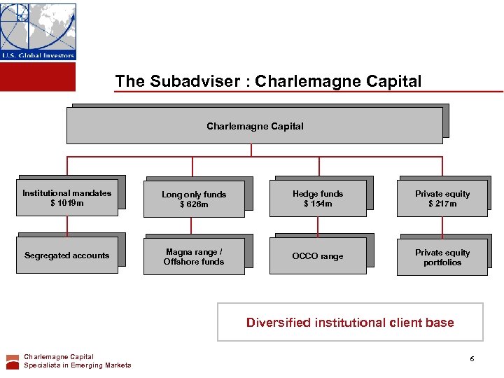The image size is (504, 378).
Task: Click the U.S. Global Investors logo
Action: click(x=38, y=31)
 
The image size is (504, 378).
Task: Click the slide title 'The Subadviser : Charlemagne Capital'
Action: click(x=268, y=81)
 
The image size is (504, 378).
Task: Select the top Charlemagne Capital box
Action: click(x=255, y=126)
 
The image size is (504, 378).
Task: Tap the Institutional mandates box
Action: click(x=67, y=198)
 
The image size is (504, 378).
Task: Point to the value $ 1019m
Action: click(x=66, y=204)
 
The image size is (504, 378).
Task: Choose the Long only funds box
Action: click(x=194, y=199)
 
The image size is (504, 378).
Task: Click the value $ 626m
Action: click(x=194, y=204)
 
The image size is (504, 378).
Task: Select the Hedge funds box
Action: click(x=318, y=198)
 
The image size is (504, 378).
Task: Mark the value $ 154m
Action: click(x=318, y=204)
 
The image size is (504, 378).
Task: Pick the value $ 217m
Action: click(x=442, y=204)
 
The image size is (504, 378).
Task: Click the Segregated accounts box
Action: click(x=67, y=255)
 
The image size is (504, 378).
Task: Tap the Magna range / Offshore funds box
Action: click(x=194, y=256)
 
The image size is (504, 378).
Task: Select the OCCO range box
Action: click(x=318, y=256)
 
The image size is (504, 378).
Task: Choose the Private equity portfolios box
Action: click(x=442, y=257)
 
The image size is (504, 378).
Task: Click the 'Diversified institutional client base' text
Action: click(x=350, y=323)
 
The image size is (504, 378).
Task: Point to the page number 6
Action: click(x=472, y=359)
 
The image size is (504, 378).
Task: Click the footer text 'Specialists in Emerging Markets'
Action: click(x=77, y=365)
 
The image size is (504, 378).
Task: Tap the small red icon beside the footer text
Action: click(x=13, y=361)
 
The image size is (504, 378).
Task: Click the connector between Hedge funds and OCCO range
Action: click(x=318, y=227)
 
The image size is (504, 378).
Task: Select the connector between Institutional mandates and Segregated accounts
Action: click(x=67, y=225)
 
